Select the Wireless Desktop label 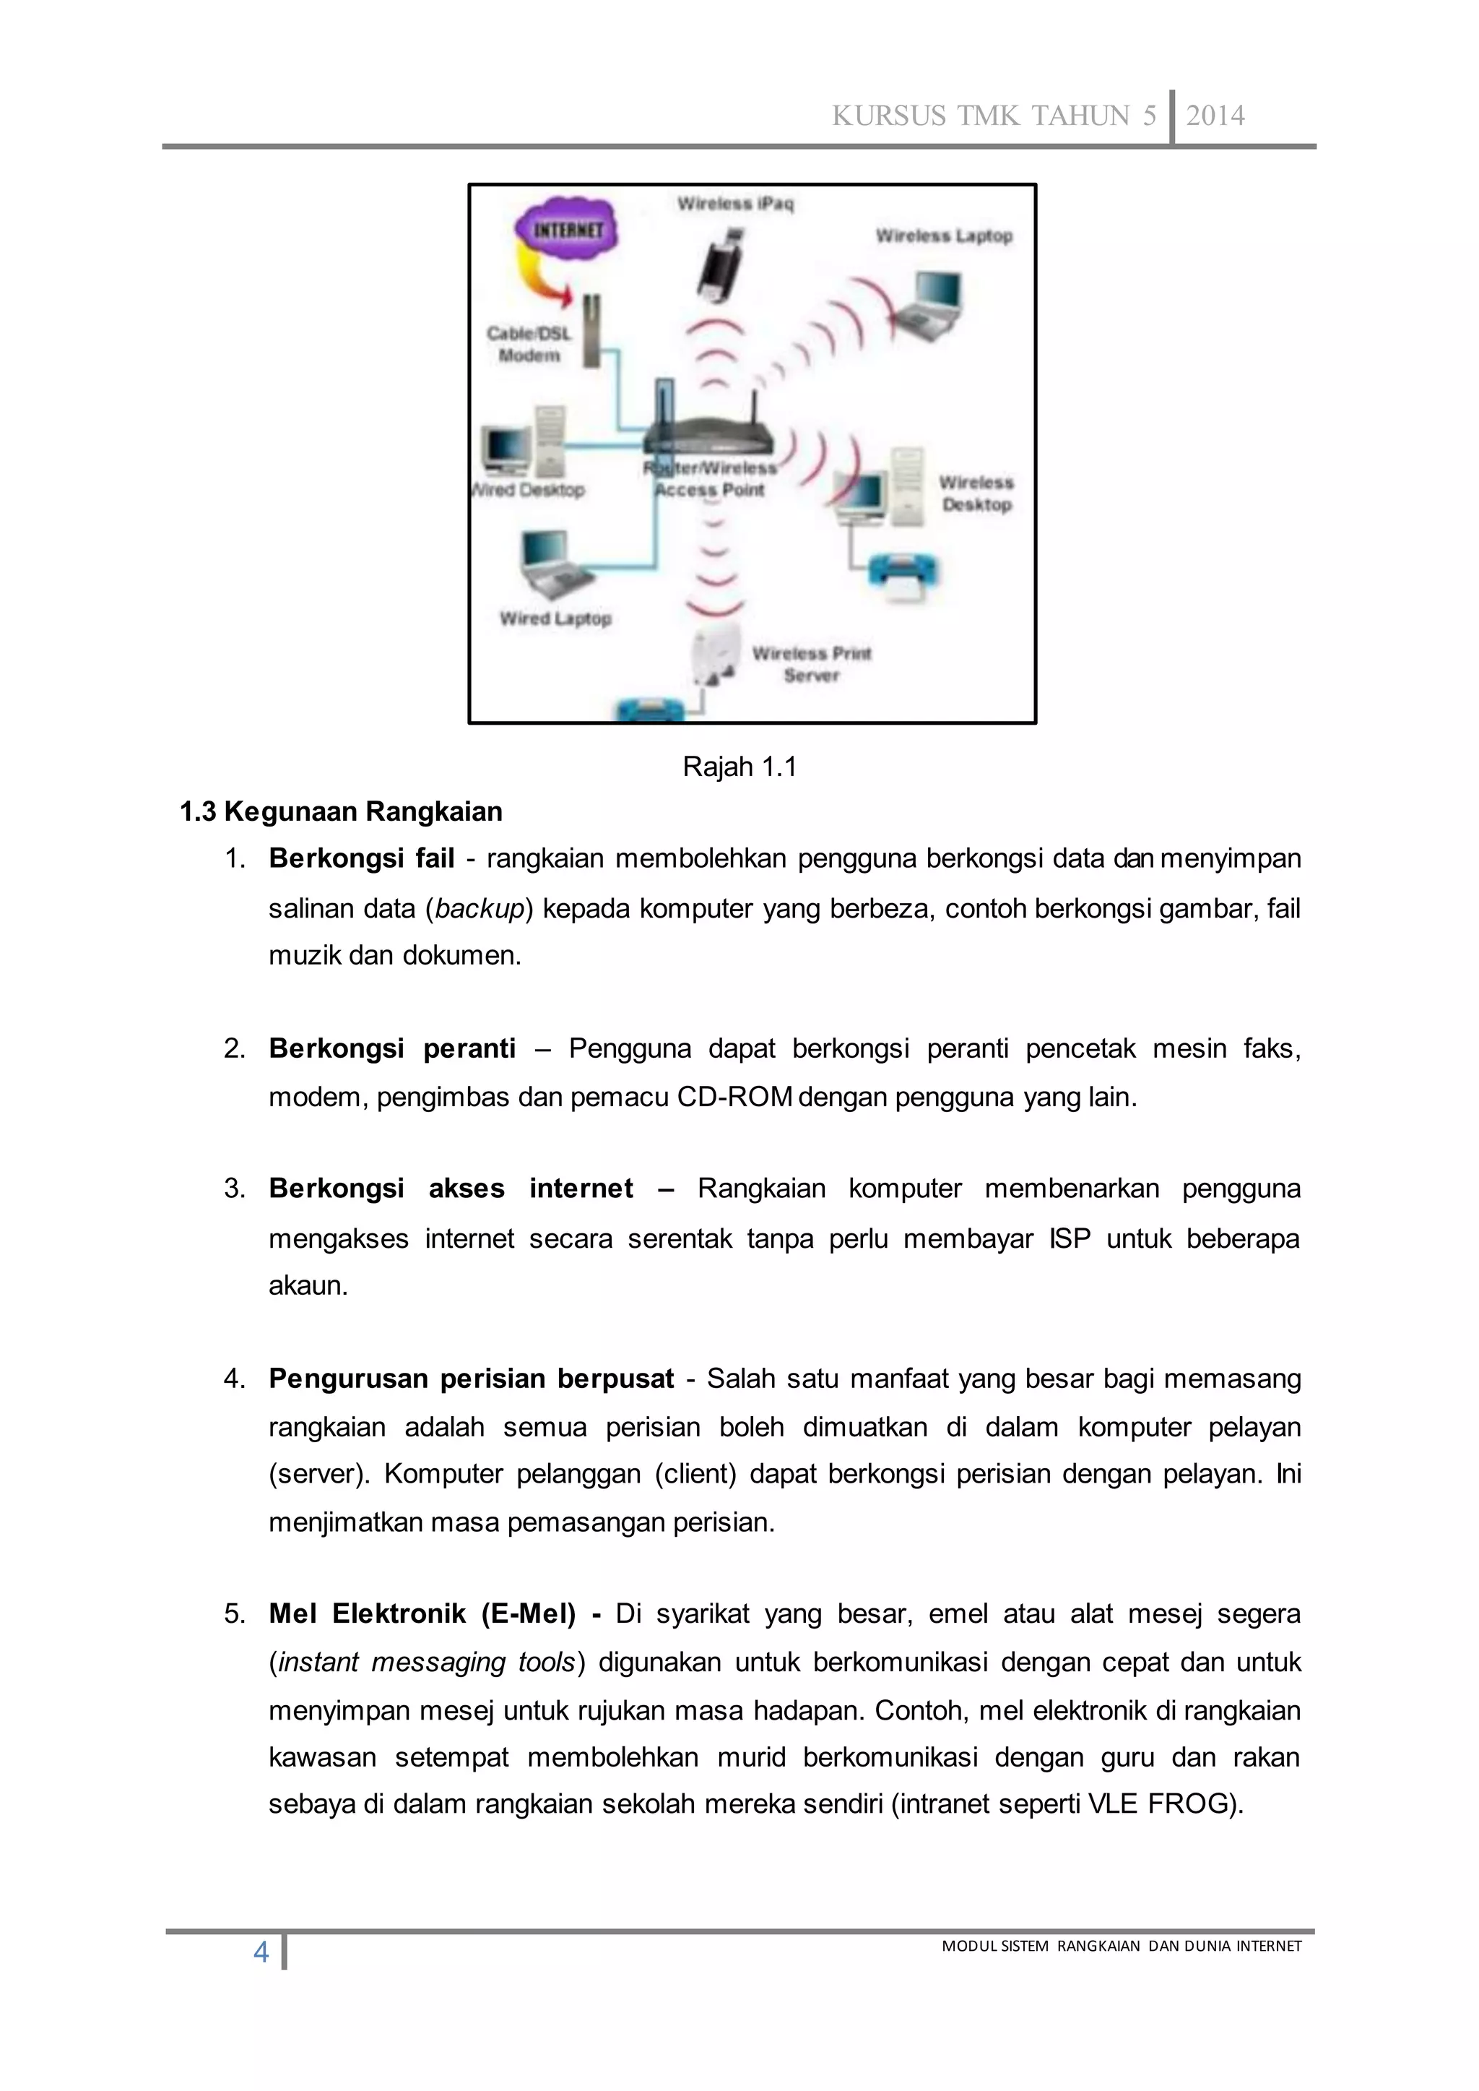(976, 493)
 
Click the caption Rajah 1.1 (739, 767)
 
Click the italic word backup (480, 908)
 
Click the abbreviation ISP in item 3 (1070, 1238)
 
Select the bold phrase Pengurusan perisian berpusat (471, 1379)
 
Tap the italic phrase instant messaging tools (427, 1662)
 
